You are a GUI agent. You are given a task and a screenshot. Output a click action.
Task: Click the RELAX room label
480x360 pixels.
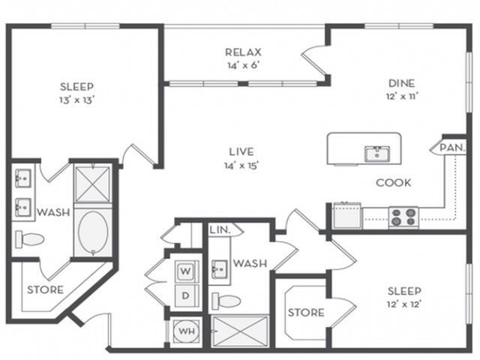(242, 52)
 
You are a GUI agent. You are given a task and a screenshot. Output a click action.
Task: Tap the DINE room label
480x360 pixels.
(401, 83)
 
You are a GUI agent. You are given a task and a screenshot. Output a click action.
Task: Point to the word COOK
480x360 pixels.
(394, 182)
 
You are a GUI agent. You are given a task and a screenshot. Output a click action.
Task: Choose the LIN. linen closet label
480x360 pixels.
(220, 229)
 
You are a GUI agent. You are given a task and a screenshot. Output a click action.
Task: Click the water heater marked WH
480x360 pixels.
(184, 329)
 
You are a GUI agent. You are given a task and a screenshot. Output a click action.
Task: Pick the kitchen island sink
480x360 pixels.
(376, 154)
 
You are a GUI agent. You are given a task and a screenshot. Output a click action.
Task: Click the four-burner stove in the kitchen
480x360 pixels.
(403, 216)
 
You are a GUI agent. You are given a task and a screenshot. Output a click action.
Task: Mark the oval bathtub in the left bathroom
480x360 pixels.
(93, 230)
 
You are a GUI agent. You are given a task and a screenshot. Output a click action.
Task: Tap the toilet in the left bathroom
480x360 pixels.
(31, 239)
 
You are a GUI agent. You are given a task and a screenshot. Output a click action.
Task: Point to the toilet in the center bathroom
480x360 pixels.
(226, 301)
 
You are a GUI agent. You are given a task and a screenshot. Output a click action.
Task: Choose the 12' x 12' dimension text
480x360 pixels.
(404, 304)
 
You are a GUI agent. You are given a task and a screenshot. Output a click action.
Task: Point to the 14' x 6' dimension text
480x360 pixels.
(242, 65)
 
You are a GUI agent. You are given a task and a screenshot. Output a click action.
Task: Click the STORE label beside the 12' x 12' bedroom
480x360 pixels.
(305, 312)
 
